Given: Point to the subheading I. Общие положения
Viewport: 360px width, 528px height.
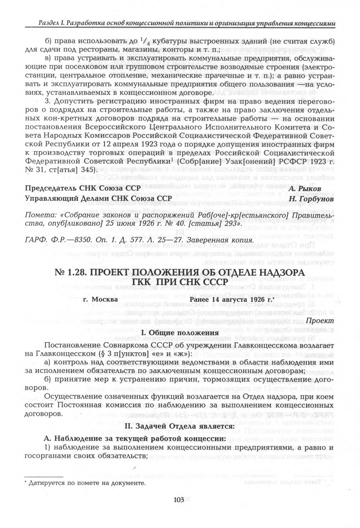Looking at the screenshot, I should pos(180,333).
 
